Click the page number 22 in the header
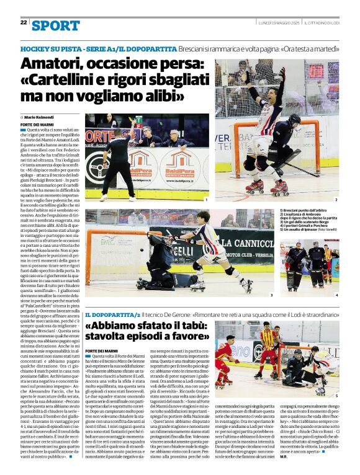tap(24, 23)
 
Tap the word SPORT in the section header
tap(55, 25)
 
